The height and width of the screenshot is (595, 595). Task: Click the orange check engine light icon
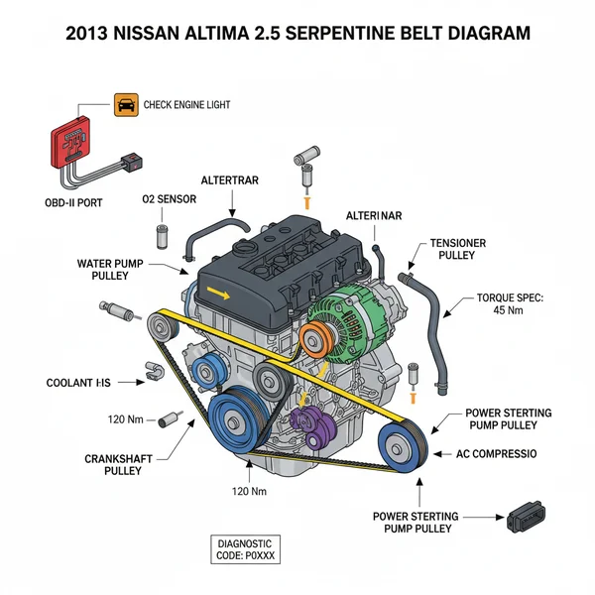click(x=126, y=104)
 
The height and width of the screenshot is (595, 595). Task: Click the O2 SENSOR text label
click(x=169, y=199)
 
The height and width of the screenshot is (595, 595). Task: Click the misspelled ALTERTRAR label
click(x=231, y=180)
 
